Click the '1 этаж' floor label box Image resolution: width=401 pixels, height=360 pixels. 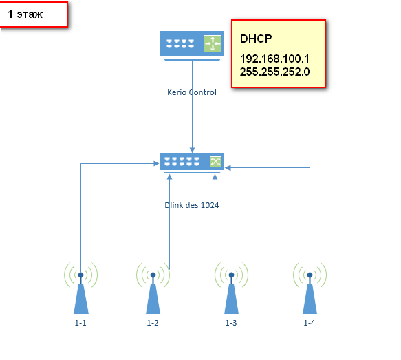coord(34,14)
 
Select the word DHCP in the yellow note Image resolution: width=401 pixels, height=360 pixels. coord(256,39)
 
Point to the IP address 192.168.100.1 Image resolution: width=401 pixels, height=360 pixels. coord(274,59)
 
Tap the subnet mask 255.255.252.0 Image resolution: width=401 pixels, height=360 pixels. coord(274,72)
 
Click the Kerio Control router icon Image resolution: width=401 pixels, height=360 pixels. coord(192,45)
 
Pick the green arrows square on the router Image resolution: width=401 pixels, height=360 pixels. coord(213,44)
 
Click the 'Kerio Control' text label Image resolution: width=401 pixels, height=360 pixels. coord(192,92)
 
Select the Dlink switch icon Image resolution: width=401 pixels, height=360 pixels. coord(192,163)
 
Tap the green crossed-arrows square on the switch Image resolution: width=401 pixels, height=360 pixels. coord(215,162)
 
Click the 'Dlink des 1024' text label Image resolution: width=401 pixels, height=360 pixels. coord(192,205)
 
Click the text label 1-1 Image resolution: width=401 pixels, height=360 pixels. coord(80,323)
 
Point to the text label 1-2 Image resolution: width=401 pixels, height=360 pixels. coord(153,323)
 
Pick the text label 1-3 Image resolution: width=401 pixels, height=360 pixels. coord(231,323)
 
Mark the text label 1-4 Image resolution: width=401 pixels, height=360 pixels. coord(310,323)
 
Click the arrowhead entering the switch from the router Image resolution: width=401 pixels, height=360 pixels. coord(193,151)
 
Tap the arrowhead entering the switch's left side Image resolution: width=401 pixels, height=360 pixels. coord(156,164)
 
